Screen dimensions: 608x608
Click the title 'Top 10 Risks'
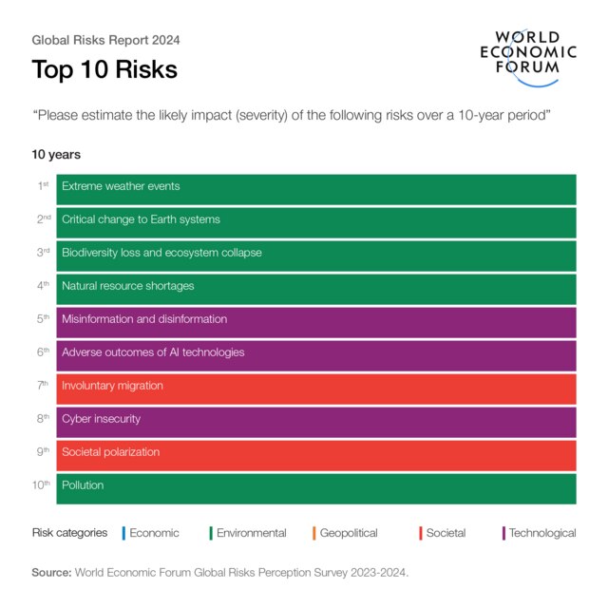[x=104, y=70]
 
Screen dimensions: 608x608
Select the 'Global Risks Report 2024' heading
[x=105, y=41]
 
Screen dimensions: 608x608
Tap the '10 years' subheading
[x=56, y=154]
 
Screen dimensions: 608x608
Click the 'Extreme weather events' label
[x=121, y=186]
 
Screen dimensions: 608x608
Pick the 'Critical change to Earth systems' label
[x=141, y=219]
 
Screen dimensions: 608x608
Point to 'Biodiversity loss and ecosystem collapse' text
[x=161, y=253]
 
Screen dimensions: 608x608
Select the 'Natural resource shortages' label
[x=127, y=286]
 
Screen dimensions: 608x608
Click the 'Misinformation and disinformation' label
[x=144, y=319]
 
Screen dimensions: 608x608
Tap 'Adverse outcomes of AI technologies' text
[x=153, y=352]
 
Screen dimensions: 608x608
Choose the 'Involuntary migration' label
[x=112, y=386]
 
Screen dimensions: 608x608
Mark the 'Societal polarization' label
[x=110, y=452]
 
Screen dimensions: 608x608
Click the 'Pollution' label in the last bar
[x=83, y=485]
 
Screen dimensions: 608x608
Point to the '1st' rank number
[x=43, y=186]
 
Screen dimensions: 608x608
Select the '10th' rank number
[x=41, y=485]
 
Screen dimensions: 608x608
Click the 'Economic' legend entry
[x=154, y=533]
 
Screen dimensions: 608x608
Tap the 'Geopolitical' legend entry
[x=349, y=533]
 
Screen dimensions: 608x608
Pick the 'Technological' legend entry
[x=541, y=533]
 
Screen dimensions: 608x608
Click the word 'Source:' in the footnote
[x=51, y=573]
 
